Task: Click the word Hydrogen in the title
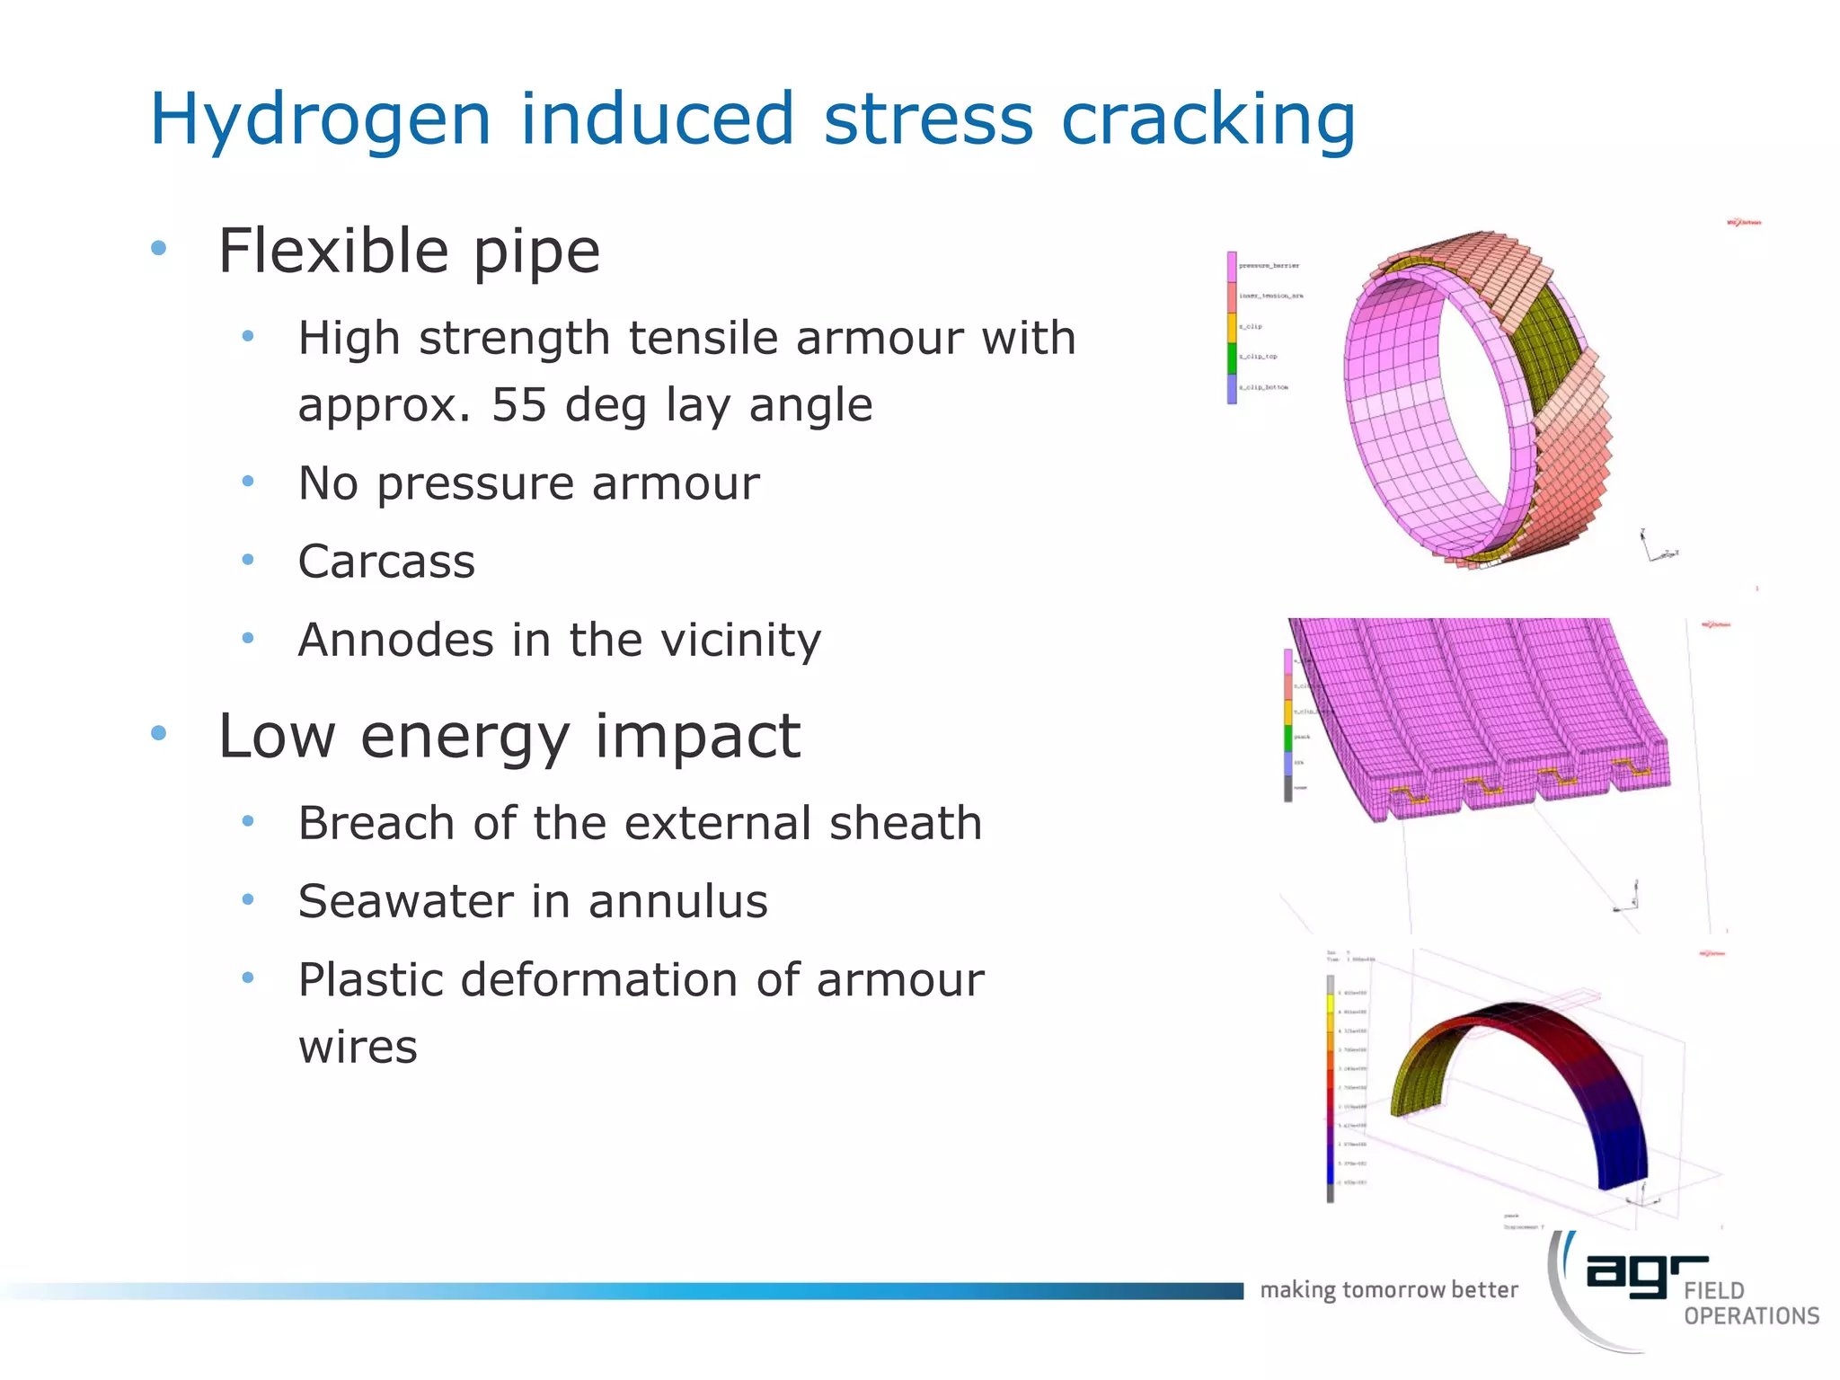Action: (320, 119)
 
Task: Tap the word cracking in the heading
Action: (1207, 119)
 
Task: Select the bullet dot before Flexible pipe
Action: (159, 248)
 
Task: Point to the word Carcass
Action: (386, 562)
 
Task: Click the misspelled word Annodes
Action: (395, 641)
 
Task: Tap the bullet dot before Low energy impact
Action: (159, 733)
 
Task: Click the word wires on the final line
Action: (358, 1048)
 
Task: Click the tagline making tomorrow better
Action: (1388, 1290)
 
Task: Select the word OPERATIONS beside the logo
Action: (1751, 1316)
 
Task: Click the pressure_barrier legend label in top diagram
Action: (1269, 266)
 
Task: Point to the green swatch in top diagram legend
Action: (1232, 358)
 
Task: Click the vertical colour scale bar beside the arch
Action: (1331, 1087)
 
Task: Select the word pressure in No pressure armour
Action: (476, 484)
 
